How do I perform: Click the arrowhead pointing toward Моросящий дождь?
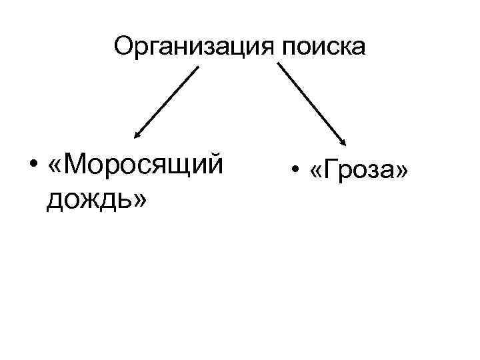(137, 135)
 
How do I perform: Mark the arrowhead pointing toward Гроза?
(344, 141)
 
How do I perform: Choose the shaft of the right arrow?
(312, 102)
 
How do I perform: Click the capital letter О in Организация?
(124, 46)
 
